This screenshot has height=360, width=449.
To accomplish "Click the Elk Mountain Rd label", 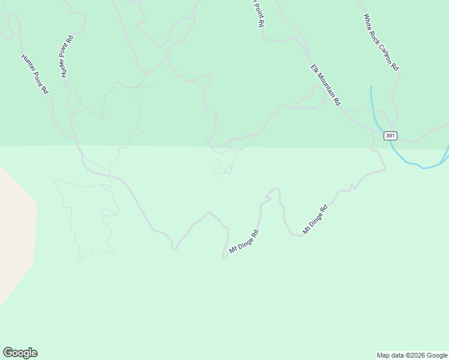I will coord(325,85).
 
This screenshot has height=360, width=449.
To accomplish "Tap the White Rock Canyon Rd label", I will coord(381,43).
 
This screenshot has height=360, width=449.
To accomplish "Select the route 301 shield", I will coord(390,136).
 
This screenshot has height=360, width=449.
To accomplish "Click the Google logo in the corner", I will coord(20,353).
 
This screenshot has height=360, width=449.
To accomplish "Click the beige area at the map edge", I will coord(15,234).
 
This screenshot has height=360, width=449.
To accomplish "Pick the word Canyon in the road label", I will coord(385,50).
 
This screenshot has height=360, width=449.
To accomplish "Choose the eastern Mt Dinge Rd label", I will coord(316,220).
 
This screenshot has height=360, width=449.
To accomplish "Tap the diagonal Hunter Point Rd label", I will coord(34,74).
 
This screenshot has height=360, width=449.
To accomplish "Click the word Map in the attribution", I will coord(383,355).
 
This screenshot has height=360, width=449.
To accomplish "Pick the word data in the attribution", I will coord(396,355).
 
